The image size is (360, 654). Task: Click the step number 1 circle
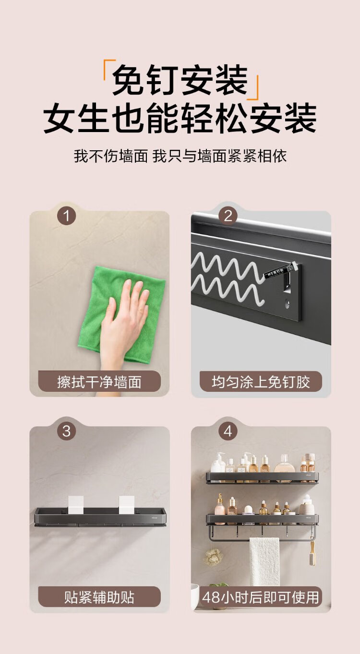67,216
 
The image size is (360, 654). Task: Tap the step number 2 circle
228,216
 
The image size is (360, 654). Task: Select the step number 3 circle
67,431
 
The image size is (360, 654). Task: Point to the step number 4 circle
228,431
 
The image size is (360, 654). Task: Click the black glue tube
281,271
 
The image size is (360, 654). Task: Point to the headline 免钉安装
180,80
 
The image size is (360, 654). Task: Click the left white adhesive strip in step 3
76,505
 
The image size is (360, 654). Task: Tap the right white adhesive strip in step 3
127,505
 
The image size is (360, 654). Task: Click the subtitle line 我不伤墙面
111,156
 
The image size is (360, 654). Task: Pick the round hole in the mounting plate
288,304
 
